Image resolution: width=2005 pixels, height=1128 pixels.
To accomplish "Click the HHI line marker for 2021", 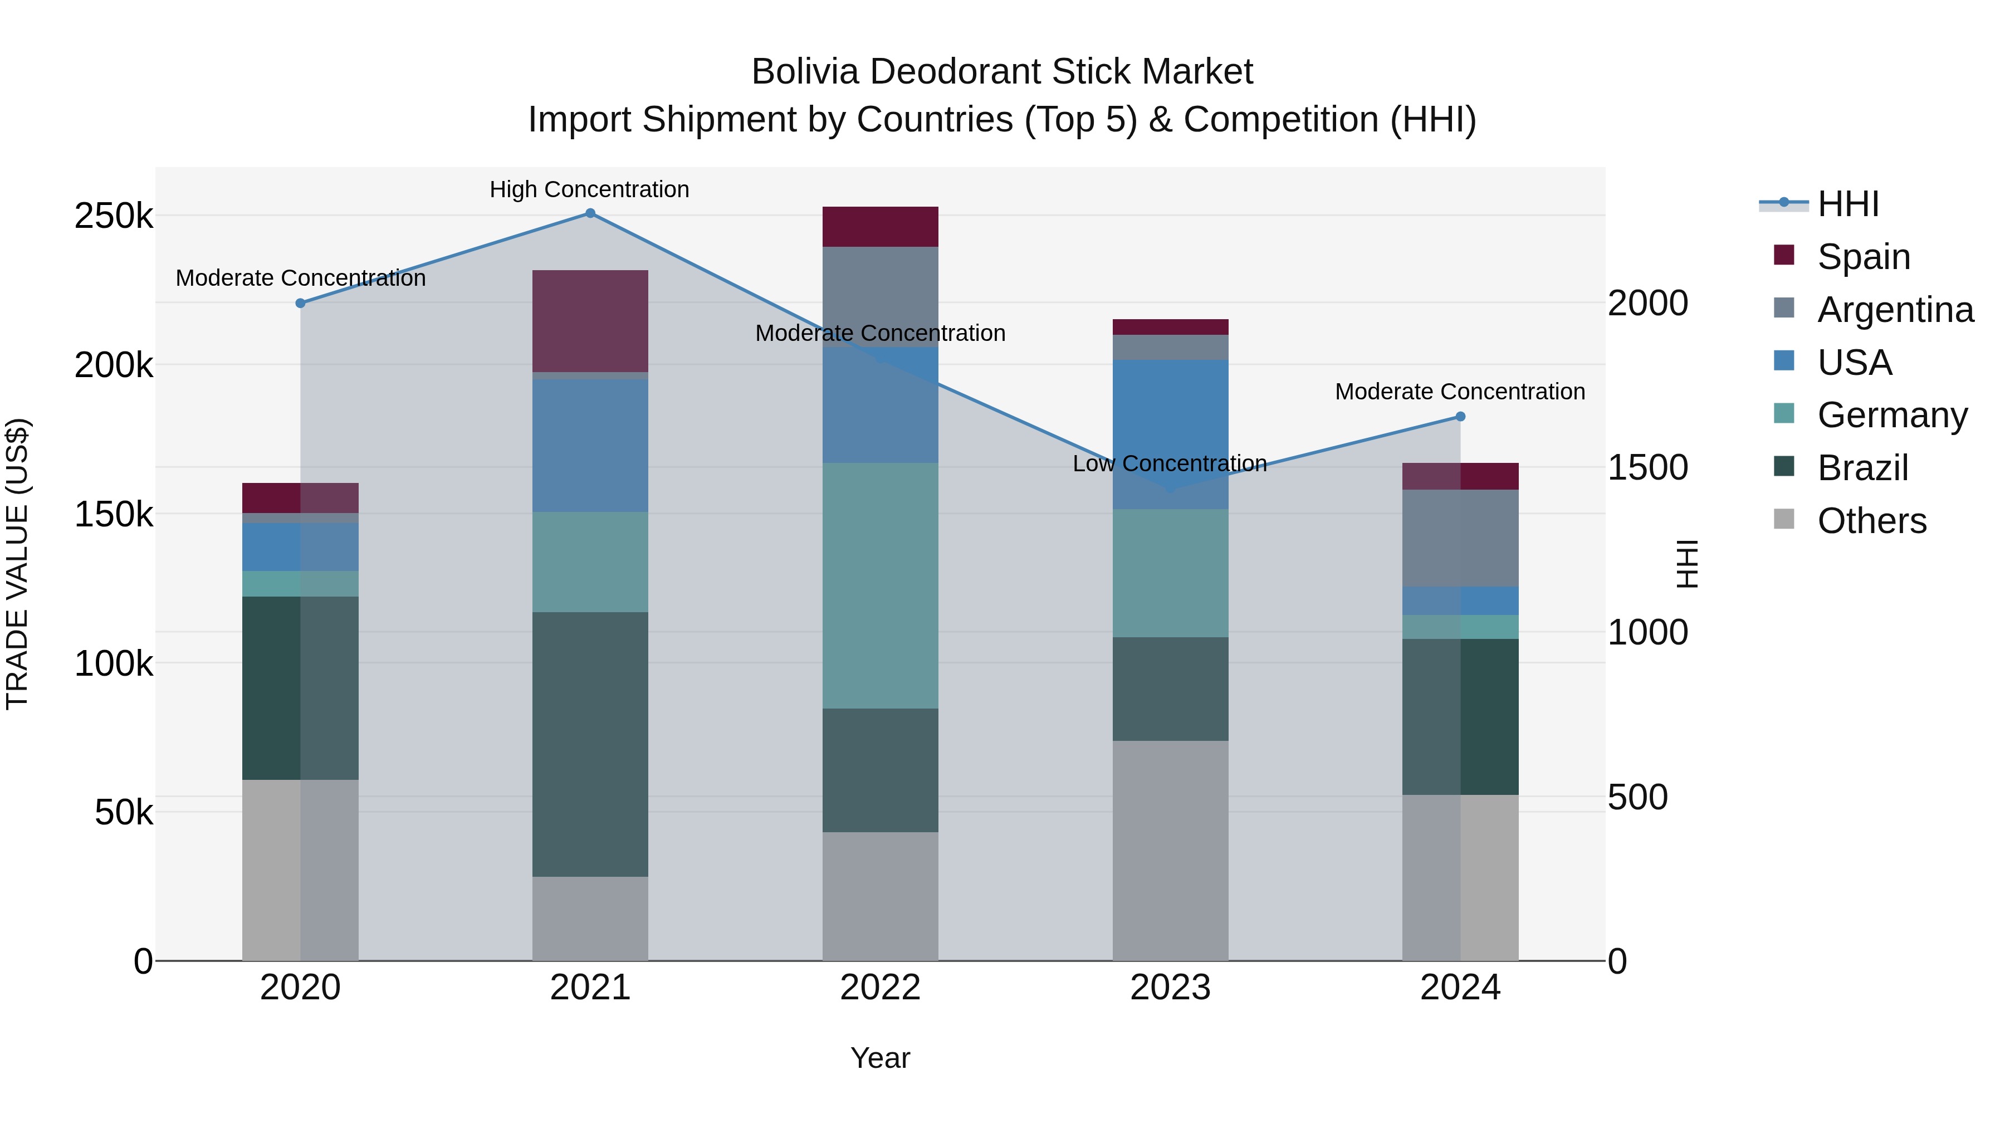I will click(590, 213).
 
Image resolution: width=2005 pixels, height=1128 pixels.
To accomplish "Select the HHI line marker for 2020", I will click(300, 303).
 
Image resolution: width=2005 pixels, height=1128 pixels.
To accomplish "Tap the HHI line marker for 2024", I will click(1460, 417).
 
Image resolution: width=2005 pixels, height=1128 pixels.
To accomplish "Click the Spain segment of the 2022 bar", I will click(881, 227).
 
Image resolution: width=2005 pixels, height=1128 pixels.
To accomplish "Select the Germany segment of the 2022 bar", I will click(881, 585).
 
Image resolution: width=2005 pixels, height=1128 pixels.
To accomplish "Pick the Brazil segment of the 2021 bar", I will click(590, 744).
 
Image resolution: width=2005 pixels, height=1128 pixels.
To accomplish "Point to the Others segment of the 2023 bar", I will click(1170, 850).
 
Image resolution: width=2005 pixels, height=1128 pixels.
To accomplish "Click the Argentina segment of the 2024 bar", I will click(1460, 538).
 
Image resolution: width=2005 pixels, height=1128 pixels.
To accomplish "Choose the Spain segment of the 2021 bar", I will click(590, 321).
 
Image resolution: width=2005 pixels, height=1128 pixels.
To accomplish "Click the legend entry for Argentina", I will click(1895, 309).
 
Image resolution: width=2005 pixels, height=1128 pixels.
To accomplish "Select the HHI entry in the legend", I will click(1848, 204).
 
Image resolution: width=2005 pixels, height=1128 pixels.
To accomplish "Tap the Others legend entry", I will click(1871, 520).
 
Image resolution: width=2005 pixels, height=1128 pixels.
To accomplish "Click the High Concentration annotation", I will click(589, 189).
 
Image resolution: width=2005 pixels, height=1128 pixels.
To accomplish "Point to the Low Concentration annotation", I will click(1169, 463).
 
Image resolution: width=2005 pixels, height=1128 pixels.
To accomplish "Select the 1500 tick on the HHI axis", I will click(1647, 467).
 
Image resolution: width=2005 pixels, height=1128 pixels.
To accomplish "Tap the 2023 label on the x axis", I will click(1170, 987).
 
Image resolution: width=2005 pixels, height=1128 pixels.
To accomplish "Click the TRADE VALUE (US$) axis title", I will click(17, 564).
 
